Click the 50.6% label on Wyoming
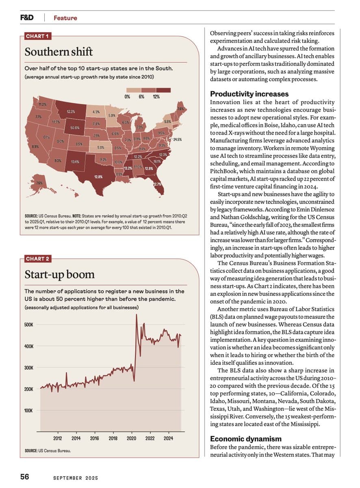pyautogui.click(x=75, y=128)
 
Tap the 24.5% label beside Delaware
pyautogui.click(x=177, y=139)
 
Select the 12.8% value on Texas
pyautogui.click(x=98, y=176)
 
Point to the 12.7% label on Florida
pyautogui.click(x=157, y=185)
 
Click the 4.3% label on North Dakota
pyautogui.click(x=96, y=112)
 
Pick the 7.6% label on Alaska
pyautogui.click(x=39, y=183)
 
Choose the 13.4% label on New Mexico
pyautogui.click(x=75, y=162)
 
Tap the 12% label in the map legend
pyautogui.click(x=156, y=96)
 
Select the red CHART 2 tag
pyautogui.click(x=37, y=259)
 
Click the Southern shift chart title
pyautogui.click(x=59, y=52)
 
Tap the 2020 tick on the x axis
pyautogui.click(x=131, y=438)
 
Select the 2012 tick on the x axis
pyautogui.click(x=57, y=438)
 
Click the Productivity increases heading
pyautogui.click(x=249, y=94)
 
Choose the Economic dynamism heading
pyautogui.click(x=245, y=439)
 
